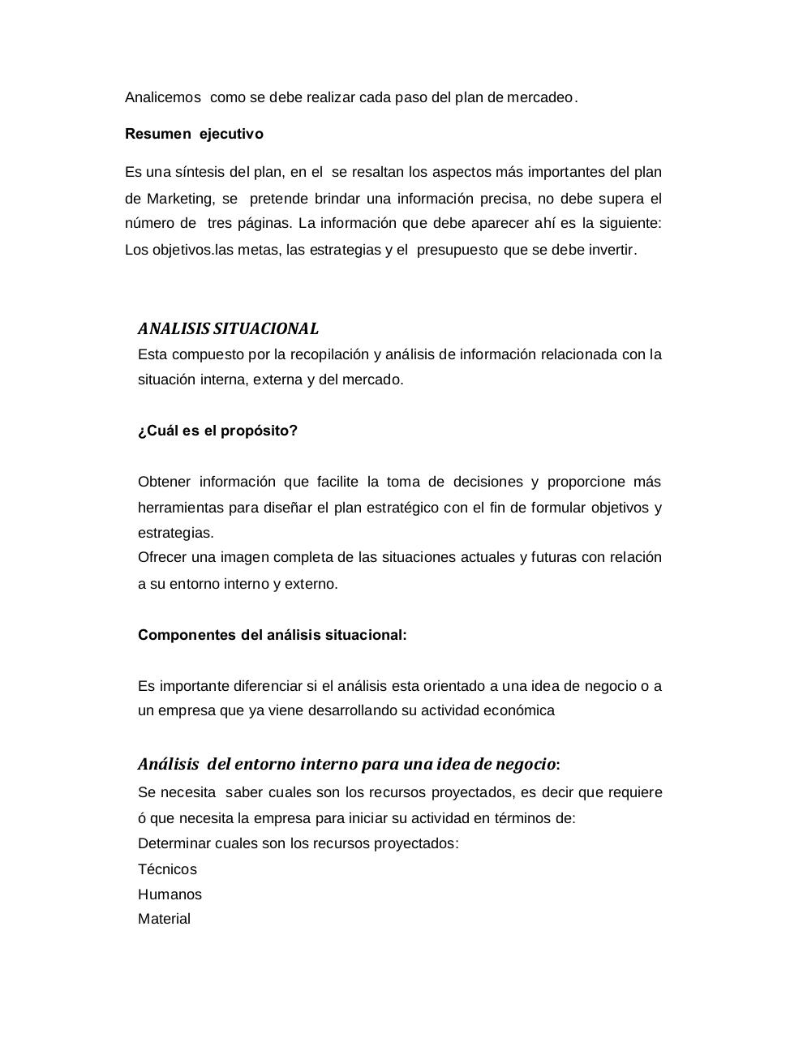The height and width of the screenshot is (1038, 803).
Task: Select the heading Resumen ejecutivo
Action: click(194, 134)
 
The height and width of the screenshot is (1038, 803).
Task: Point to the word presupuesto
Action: click(457, 250)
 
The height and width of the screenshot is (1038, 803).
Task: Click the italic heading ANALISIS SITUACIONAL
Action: click(228, 328)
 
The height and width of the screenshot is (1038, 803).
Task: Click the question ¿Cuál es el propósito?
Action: click(217, 431)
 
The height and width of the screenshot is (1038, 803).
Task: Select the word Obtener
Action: click(164, 482)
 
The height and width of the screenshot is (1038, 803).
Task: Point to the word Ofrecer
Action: click(161, 557)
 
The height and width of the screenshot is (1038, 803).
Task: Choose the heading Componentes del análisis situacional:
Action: click(272, 635)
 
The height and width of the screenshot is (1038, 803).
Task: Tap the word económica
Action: click(518, 710)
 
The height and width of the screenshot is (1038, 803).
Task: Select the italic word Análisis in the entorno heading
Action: click(168, 764)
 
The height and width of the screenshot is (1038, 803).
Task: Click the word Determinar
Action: click(174, 843)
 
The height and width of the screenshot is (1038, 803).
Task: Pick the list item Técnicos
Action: click(167, 869)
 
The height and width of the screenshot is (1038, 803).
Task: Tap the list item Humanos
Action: click(170, 894)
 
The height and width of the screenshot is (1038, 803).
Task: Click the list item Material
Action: click(164, 919)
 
